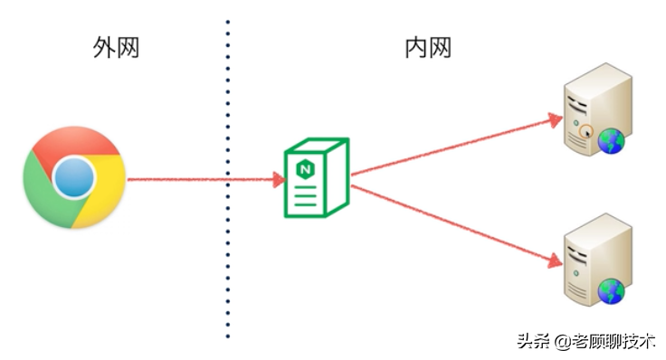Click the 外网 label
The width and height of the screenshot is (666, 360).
[117, 48]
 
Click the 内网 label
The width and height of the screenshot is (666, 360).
[427, 48]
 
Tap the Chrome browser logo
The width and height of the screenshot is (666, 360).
[74, 178]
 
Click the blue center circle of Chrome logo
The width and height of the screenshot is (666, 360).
[74, 178]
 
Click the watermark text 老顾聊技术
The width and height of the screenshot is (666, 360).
[624, 342]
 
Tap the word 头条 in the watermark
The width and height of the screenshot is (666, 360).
[533, 342]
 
